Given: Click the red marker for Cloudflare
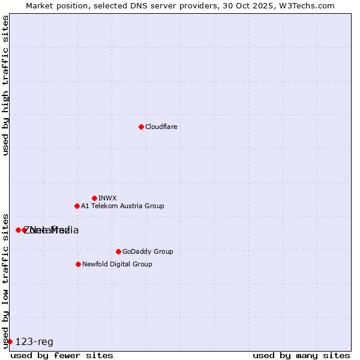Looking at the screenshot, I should pyautogui.click(x=141, y=127).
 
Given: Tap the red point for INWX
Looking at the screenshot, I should pyautogui.click(x=94, y=198).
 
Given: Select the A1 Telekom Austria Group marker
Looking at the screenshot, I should pyautogui.click(x=77, y=206).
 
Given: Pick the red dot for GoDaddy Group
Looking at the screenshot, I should pyautogui.click(x=118, y=251).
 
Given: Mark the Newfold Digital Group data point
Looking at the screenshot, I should pyautogui.click(x=78, y=264).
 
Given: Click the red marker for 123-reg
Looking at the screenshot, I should pyautogui.click(x=10, y=341).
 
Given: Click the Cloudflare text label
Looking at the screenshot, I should pyautogui.click(x=161, y=127).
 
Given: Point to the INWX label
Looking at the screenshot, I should pyautogui.click(x=107, y=198).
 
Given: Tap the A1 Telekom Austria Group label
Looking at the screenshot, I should pyautogui.click(x=122, y=206).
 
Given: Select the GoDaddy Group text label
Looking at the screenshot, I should pyautogui.click(x=148, y=251).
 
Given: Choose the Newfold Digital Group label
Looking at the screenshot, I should pyautogui.click(x=117, y=264).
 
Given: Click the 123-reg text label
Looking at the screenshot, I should pyautogui.click(x=34, y=342).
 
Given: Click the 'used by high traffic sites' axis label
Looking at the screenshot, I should pyautogui.click(x=6, y=86).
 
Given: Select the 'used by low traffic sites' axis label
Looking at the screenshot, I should pyautogui.click(x=6, y=280).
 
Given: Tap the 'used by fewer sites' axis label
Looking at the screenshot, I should pyautogui.click(x=62, y=355).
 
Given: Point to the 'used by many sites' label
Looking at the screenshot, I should pyautogui.click(x=301, y=355).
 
